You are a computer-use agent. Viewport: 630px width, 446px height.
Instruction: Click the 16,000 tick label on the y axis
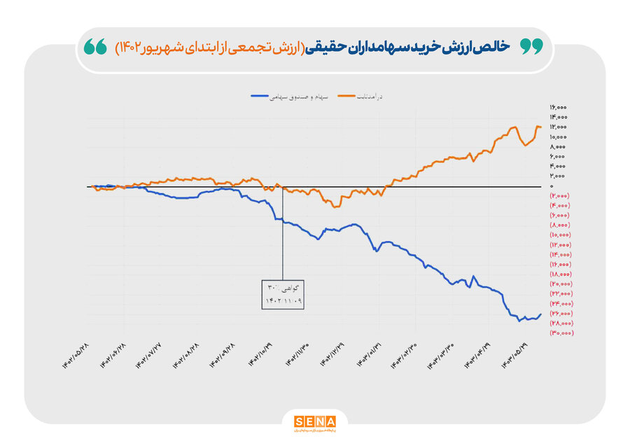(x=559, y=107)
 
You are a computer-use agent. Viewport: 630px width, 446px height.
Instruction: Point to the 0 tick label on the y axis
(x=553, y=186)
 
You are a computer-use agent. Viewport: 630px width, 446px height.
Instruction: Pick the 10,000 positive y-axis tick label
(x=559, y=137)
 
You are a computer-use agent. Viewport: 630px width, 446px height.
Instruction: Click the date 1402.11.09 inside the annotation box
(x=282, y=301)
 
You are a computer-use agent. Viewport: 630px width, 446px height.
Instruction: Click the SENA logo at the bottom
(x=315, y=422)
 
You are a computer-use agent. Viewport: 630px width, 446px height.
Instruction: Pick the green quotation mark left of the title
(x=95, y=48)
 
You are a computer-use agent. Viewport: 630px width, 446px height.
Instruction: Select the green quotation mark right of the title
(x=533, y=48)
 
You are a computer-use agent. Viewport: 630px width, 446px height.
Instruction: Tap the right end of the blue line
(x=540, y=314)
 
